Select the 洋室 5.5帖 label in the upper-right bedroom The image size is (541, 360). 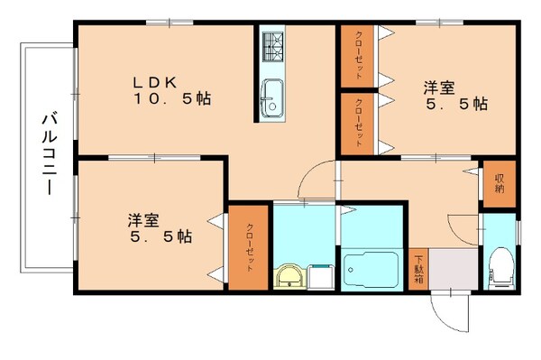click(455, 95)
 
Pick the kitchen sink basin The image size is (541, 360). click(271, 93)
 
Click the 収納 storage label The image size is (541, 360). click(499, 182)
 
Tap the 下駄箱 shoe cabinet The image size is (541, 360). click(420, 268)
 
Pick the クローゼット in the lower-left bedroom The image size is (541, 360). click(248, 248)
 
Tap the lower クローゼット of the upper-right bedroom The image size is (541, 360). click(358, 122)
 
